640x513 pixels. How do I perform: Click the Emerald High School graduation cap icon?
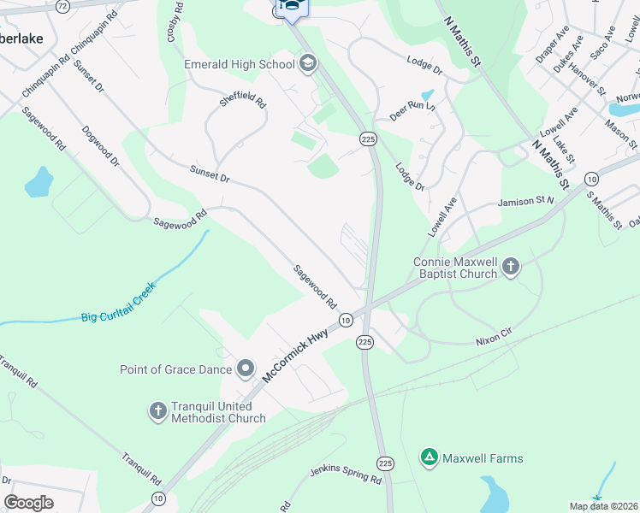click(307, 62)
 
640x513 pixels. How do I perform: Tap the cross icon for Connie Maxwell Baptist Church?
click(510, 267)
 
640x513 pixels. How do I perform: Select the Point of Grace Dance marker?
click(246, 369)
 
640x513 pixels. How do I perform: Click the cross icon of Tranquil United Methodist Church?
click(157, 411)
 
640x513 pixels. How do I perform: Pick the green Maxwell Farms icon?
click(430, 458)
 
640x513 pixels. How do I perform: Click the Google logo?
click(28, 503)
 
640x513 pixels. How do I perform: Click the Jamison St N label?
click(526, 203)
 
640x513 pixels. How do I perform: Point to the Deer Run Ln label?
click(412, 108)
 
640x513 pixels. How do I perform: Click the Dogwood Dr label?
click(100, 145)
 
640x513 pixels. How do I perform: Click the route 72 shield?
click(62, 5)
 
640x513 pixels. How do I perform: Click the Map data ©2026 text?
click(604, 506)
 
